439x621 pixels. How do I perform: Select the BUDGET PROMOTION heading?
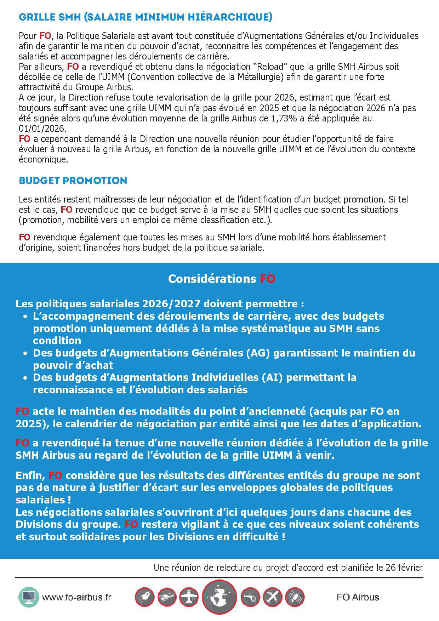pyautogui.click(x=73, y=181)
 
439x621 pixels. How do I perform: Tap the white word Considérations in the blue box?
pyautogui.click(x=212, y=279)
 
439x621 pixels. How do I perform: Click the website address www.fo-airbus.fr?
pyautogui.click(x=76, y=597)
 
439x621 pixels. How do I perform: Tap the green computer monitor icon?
pyautogui.click(x=29, y=597)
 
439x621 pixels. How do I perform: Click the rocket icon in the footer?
pyautogui.click(x=144, y=598)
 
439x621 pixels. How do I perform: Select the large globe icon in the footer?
pyautogui.click(x=219, y=598)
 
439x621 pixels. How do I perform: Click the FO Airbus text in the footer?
pyautogui.click(x=358, y=597)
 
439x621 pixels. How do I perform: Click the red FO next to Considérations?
pyautogui.click(x=268, y=279)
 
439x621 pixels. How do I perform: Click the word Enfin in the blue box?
pyautogui.click(x=30, y=475)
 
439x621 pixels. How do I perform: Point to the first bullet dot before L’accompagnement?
pyautogui.click(x=25, y=316)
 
